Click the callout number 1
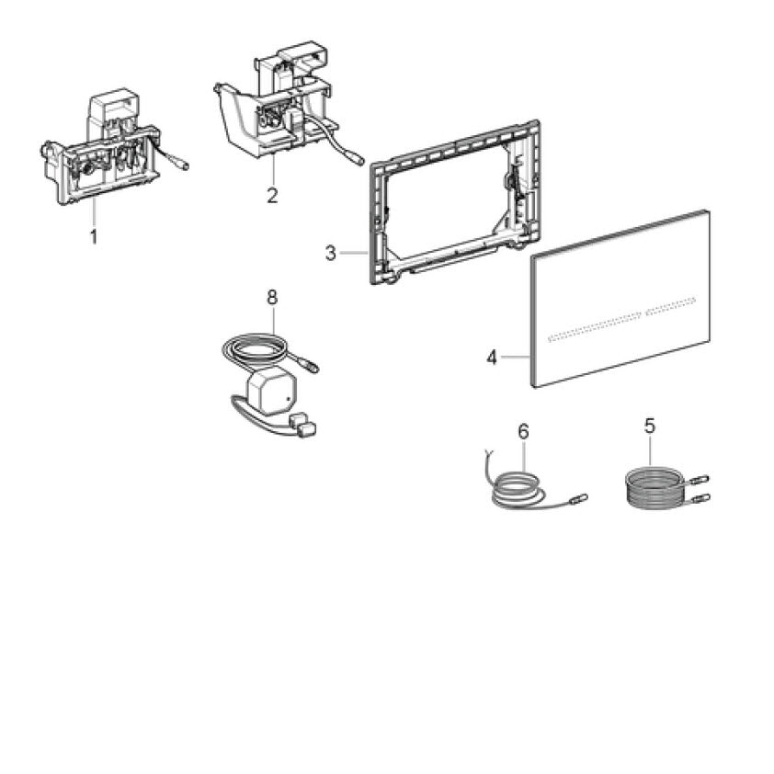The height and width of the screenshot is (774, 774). pos(93,236)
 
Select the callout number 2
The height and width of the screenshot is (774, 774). pos(272,196)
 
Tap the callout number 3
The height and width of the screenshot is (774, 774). pos(331,253)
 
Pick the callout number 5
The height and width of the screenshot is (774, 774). pos(650,426)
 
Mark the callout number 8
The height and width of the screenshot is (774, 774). pos(271,297)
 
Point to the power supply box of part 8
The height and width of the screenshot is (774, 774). pos(270,391)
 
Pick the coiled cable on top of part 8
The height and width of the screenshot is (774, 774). pos(257,349)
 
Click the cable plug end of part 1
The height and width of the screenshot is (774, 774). pos(182,167)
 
